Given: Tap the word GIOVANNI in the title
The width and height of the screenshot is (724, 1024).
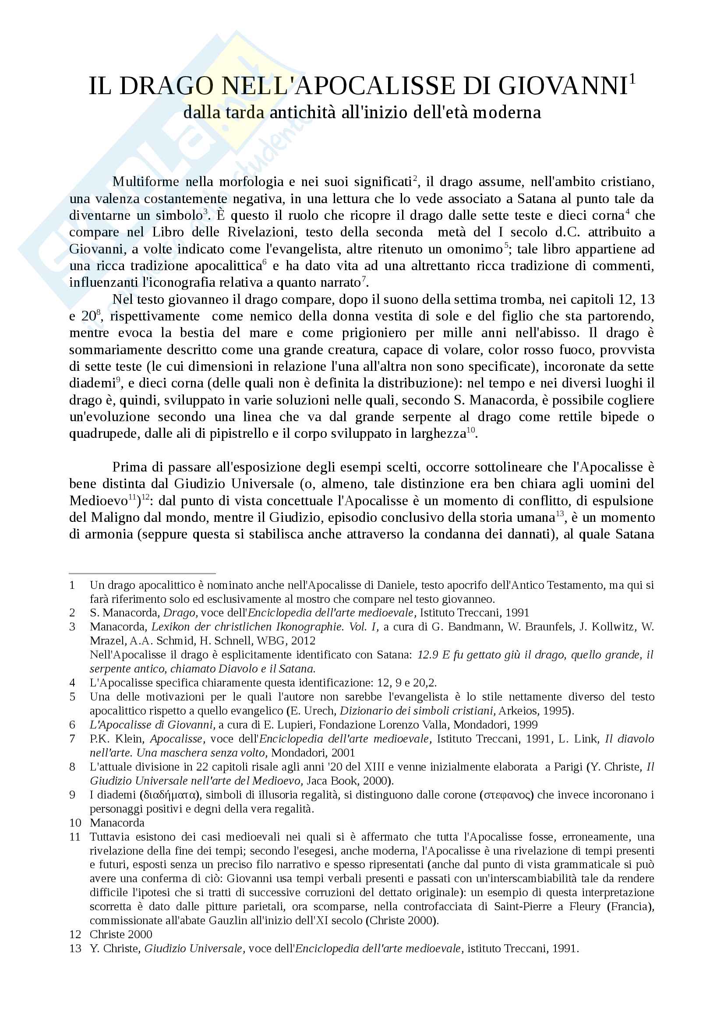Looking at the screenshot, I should [563, 86].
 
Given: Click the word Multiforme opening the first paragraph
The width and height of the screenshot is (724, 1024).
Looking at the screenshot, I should [145, 182].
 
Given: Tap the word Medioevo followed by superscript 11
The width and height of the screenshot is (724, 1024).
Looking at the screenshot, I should [99, 501].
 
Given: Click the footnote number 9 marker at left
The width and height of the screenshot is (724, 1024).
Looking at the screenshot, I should [72, 795].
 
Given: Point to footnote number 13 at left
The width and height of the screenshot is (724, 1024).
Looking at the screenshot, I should [75, 949].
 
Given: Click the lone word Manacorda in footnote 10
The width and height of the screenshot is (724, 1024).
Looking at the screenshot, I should [117, 823].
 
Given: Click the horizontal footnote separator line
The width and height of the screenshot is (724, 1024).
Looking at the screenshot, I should [142, 573].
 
